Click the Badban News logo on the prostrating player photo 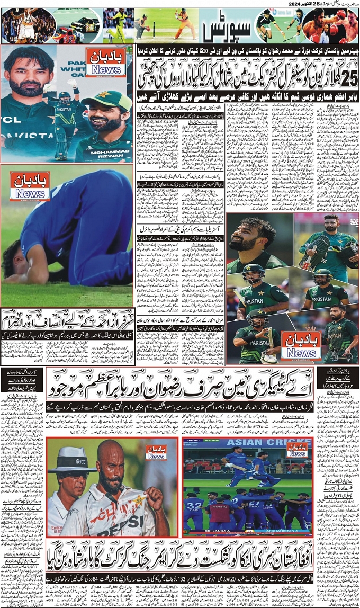(30, 186)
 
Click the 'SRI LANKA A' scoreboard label (211, 532)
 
